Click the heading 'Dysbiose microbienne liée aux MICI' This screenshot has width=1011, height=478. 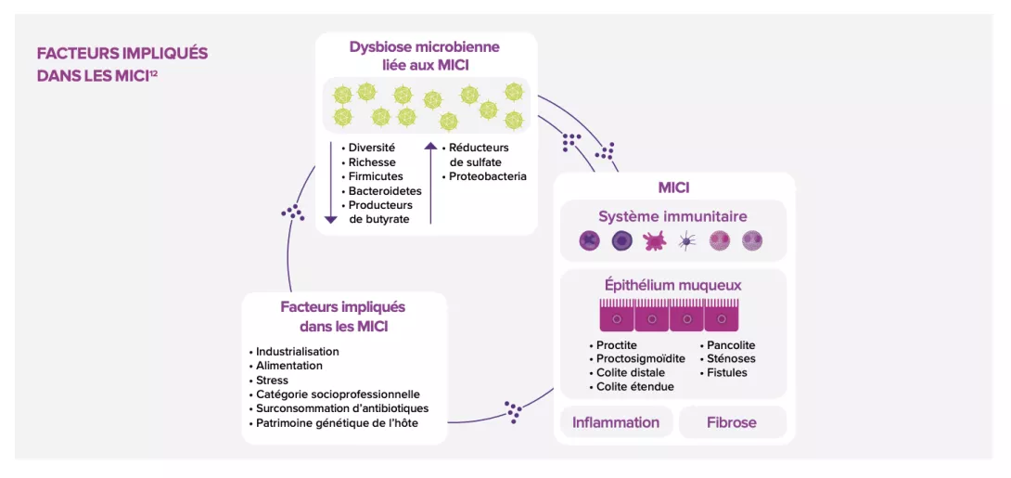(x=425, y=55)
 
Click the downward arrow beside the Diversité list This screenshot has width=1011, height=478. (x=331, y=182)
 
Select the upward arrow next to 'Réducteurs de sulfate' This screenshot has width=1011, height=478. (x=430, y=182)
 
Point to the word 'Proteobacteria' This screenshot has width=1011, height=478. (x=488, y=176)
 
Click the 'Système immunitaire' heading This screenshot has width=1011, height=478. (x=672, y=216)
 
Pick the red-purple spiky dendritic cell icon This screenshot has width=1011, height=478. (x=654, y=241)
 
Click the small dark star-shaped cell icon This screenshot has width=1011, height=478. (x=686, y=241)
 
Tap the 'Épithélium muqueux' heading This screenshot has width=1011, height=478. (x=672, y=285)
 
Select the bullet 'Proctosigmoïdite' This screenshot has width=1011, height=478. (x=641, y=358)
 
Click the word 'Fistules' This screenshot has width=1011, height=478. (x=727, y=372)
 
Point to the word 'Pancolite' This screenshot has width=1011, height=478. (x=731, y=345)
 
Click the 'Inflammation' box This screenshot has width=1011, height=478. (x=616, y=422)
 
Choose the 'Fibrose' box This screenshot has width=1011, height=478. (x=732, y=422)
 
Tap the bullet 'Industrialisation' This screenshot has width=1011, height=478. (x=298, y=352)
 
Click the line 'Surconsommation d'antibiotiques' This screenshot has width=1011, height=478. (x=342, y=408)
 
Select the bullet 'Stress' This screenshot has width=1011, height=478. (x=272, y=380)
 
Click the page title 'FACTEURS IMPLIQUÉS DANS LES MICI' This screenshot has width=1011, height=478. (x=122, y=64)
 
